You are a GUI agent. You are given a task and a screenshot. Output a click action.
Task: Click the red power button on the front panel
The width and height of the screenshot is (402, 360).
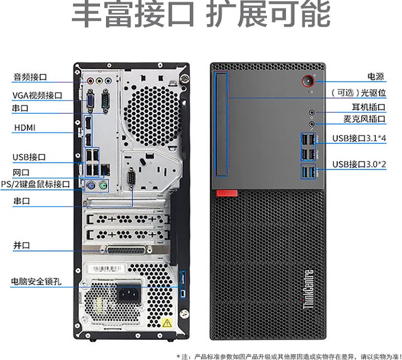(x=308, y=82)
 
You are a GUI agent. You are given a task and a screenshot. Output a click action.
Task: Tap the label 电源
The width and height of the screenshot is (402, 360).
(x=375, y=77)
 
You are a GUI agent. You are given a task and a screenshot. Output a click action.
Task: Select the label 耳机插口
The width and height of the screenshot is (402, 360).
(x=368, y=107)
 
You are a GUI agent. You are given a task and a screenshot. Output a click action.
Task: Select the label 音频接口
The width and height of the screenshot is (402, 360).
(x=30, y=77)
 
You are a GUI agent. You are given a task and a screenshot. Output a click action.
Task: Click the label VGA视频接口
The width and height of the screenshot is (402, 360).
(x=38, y=95)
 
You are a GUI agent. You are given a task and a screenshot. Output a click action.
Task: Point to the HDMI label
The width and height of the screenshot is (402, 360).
(x=25, y=128)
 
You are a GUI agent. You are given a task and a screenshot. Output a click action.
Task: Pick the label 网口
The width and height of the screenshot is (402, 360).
(x=21, y=172)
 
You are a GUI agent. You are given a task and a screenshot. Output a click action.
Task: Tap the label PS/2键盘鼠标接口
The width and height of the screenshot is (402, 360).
(x=35, y=184)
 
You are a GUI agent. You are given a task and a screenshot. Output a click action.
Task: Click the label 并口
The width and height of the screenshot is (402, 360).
(x=21, y=245)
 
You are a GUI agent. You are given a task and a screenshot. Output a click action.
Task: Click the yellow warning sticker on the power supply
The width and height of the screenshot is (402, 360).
(x=167, y=322)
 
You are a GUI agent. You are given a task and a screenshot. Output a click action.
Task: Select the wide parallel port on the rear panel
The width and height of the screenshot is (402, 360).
(x=128, y=251)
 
